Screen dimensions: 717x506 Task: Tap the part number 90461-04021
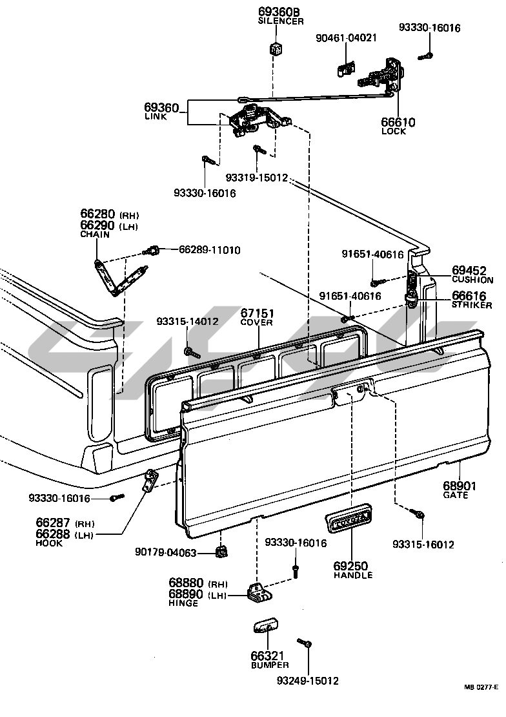click(x=346, y=38)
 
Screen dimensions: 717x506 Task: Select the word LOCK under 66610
click(x=394, y=131)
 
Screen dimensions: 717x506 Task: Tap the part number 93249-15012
click(x=307, y=681)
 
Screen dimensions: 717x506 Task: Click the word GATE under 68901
click(x=455, y=495)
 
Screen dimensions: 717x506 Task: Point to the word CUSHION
click(x=472, y=280)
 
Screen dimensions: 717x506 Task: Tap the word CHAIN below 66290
click(x=95, y=234)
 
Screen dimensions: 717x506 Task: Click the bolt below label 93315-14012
click(x=189, y=351)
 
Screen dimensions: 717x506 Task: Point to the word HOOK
click(x=49, y=543)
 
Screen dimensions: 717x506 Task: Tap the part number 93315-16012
click(x=423, y=545)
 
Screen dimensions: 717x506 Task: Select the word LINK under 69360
click(x=155, y=117)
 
